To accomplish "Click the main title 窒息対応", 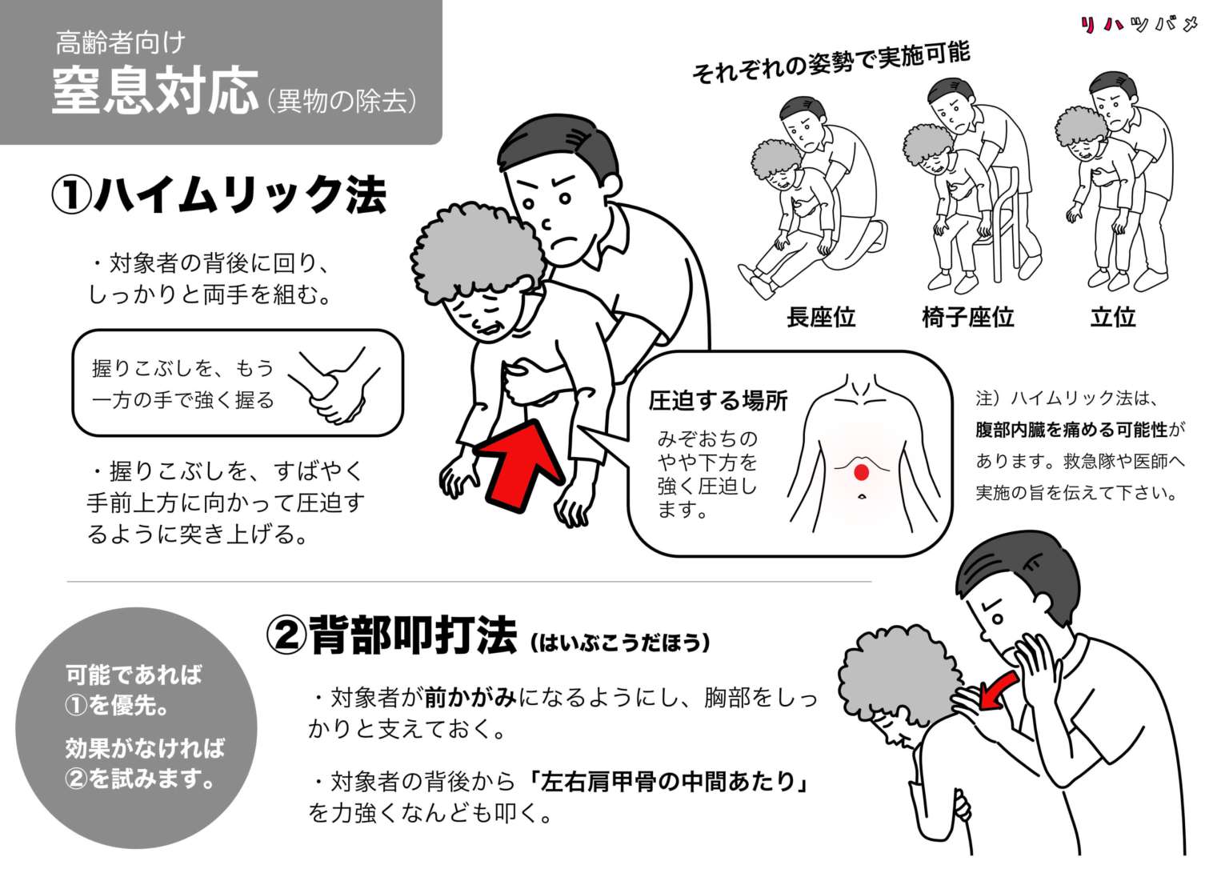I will pyautogui.click(x=155, y=91).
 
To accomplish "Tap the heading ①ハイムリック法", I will pyautogui.click(x=218, y=194).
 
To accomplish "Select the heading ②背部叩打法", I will pyautogui.click(x=391, y=636).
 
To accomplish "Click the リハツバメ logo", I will pyautogui.click(x=1139, y=25).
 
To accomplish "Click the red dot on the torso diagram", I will pyautogui.click(x=861, y=472).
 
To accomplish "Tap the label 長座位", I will pyautogui.click(x=820, y=317).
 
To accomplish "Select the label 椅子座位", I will pyautogui.click(x=967, y=317).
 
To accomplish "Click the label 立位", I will pyautogui.click(x=1112, y=317).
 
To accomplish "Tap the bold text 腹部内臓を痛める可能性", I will pyautogui.click(x=1071, y=430).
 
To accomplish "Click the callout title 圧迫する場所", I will pyautogui.click(x=718, y=400).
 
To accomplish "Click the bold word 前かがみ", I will pyautogui.click(x=470, y=698).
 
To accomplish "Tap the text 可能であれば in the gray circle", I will pyautogui.click(x=134, y=675).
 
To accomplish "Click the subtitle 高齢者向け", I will pyautogui.click(x=120, y=42).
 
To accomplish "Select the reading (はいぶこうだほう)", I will pyautogui.click(x=619, y=642).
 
